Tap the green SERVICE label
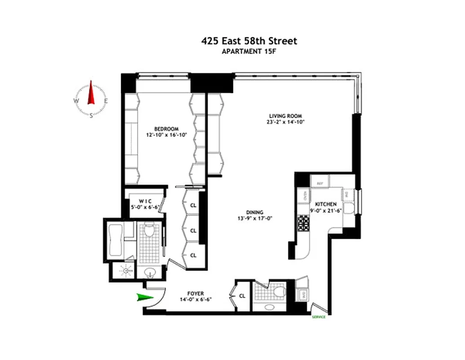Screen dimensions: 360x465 pyautogui.click(x=319, y=317)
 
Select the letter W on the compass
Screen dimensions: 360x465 pyautogui.click(x=75, y=101)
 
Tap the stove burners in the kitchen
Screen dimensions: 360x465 pyautogui.click(x=303, y=222)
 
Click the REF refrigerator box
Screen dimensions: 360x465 pyautogui.click(x=320, y=183)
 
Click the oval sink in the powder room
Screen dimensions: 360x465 pyautogui.click(x=269, y=307)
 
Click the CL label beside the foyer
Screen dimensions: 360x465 pyautogui.click(x=242, y=296)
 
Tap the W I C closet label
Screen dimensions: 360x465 pyautogui.click(x=145, y=201)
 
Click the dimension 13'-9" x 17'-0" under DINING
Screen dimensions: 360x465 pyautogui.click(x=254, y=219)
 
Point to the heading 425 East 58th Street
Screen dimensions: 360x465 pyautogui.click(x=249, y=41)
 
